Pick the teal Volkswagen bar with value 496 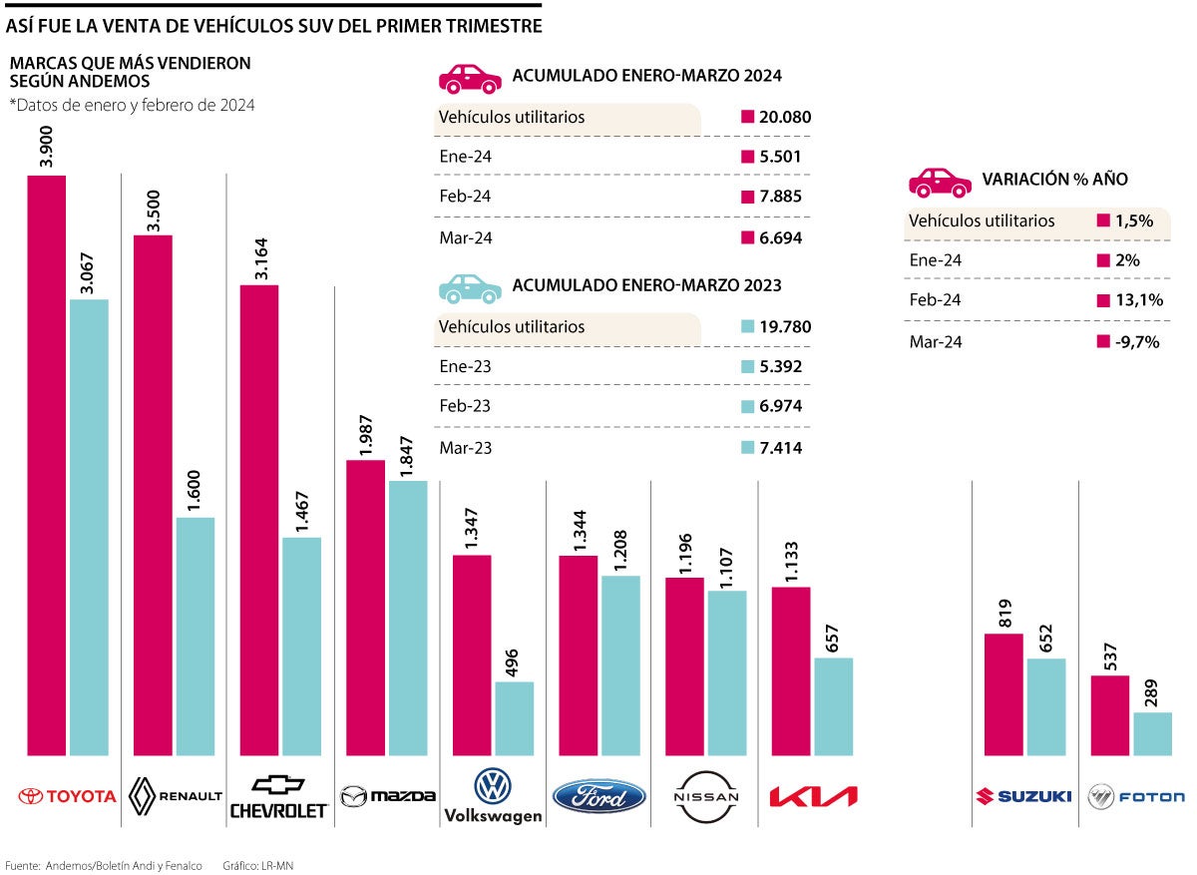[515, 717]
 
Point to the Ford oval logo [599, 797]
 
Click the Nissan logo [706, 797]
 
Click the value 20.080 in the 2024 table [784, 117]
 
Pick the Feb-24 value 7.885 [780, 197]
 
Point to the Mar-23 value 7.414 [780, 447]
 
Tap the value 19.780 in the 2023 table [784, 327]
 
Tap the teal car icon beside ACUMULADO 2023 [469, 287]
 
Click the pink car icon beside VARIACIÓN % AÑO [939, 181]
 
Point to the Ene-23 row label [465, 366]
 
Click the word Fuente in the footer [22, 865]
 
